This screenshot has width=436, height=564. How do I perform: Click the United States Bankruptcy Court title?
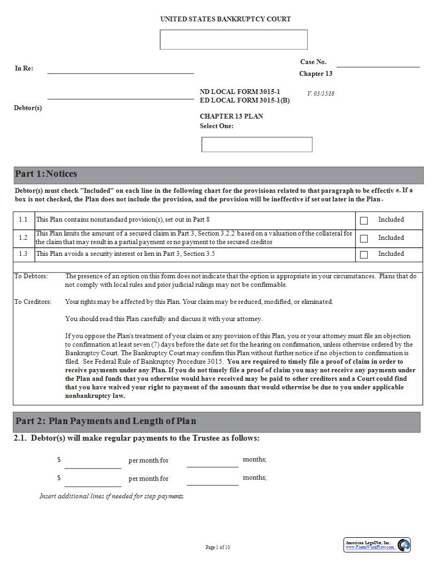[x=225, y=19]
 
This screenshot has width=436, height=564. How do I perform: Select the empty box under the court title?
[x=233, y=40]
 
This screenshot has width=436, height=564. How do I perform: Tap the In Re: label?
[x=24, y=68]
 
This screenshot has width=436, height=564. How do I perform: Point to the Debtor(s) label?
[x=28, y=108]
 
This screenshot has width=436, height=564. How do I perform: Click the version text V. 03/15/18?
[x=321, y=93]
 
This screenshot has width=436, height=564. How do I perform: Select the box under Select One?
[x=256, y=144]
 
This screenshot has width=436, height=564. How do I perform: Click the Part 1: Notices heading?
[x=46, y=174]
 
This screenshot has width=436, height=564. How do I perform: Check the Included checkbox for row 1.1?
[x=364, y=221]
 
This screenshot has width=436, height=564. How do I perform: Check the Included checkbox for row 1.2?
[x=364, y=239]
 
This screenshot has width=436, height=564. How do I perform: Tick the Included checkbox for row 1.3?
[x=364, y=255]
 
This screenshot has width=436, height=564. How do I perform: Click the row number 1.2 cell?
[x=23, y=238]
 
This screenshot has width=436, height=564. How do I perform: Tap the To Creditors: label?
[x=33, y=302]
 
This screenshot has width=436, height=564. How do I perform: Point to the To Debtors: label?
[x=31, y=276]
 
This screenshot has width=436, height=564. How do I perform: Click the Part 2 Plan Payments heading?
[x=106, y=421]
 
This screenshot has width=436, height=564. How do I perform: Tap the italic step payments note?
[x=112, y=496]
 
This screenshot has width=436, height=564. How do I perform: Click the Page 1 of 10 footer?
[x=218, y=547]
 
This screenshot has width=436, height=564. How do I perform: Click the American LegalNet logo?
[x=377, y=545]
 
